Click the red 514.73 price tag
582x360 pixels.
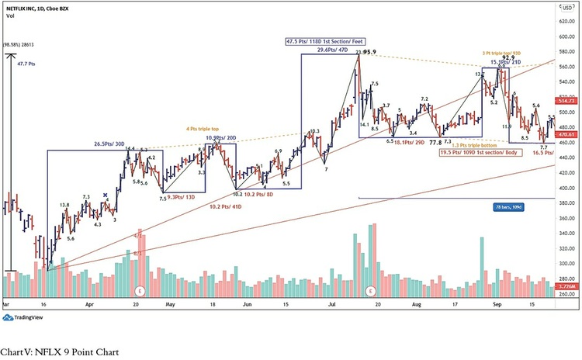click(x=566, y=101)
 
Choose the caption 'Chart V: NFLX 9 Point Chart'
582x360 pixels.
click(x=60, y=352)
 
